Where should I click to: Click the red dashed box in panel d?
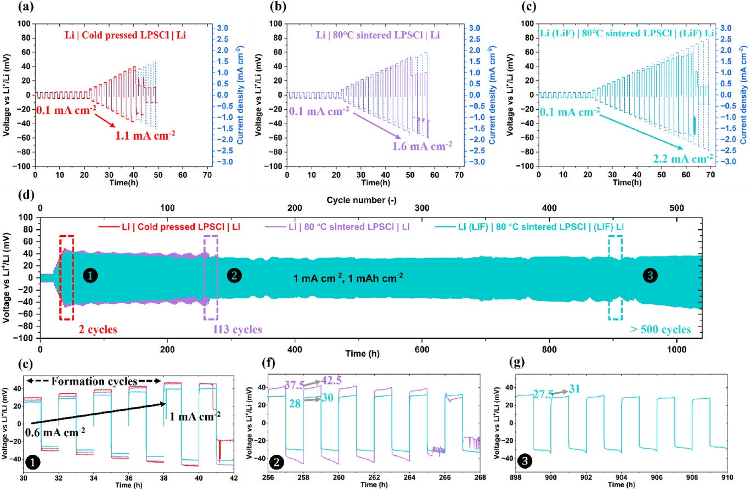coord(66,277)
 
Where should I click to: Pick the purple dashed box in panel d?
coord(211,277)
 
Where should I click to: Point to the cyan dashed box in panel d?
coord(615,277)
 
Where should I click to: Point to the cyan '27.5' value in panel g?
coord(544,393)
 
